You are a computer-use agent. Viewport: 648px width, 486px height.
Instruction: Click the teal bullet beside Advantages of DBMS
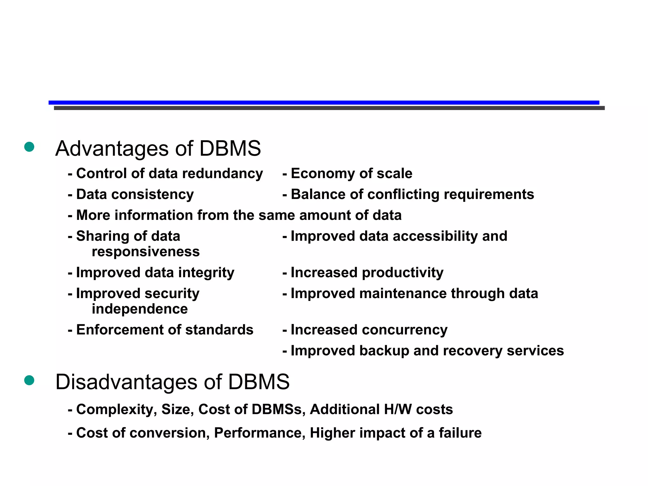tap(29, 147)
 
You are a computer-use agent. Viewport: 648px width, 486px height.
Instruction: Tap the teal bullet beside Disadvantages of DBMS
tap(29, 380)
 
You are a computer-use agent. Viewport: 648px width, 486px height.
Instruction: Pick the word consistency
tap(153, 195)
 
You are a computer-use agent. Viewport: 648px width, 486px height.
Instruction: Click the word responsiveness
tap(146, 252)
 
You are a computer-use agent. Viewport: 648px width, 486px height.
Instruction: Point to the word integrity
tap(207, 273)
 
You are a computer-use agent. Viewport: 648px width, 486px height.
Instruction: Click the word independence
tap(140, 309)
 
